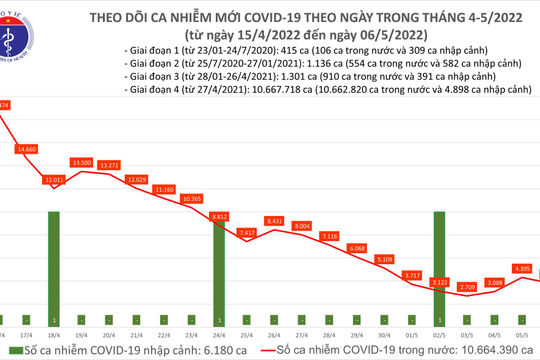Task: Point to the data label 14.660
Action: (27, 149)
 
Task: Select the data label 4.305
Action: (521, 268)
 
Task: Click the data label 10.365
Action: (194, 199)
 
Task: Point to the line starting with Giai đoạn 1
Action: (301, 49)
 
